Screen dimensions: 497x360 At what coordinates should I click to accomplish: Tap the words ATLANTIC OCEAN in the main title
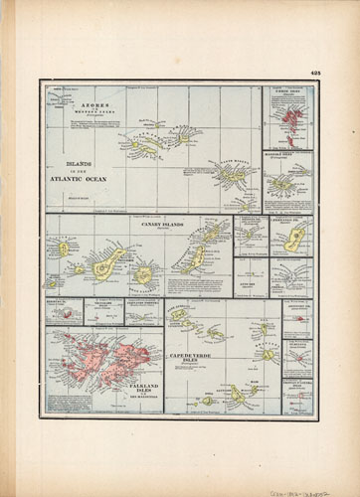78,179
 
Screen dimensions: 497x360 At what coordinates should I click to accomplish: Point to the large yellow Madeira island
282,183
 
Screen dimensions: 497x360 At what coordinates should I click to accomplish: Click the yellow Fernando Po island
295,239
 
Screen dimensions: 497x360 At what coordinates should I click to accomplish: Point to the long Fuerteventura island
195,258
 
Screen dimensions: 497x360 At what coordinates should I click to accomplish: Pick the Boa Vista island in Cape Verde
267,354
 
